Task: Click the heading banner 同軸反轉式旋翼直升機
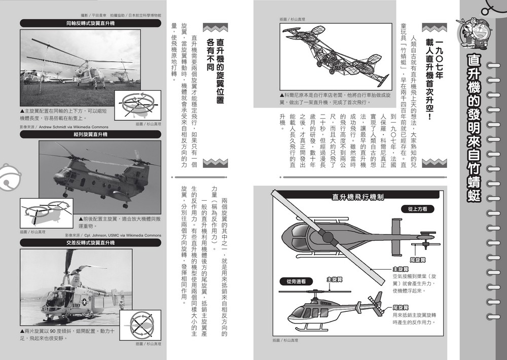point(90,23)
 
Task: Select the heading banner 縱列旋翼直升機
point(90,134)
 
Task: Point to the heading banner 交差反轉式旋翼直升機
point(90,243)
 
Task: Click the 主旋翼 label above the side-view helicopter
point(334,279)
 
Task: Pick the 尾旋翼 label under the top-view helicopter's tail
point(417,260)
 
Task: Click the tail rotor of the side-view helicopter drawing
point(377,299)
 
